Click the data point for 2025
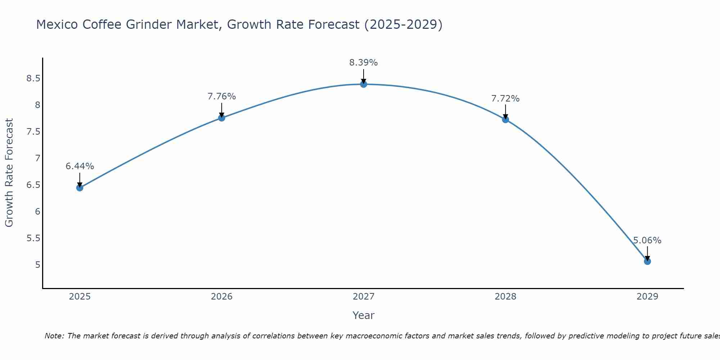80,188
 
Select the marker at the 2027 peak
364,84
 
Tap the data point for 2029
647,261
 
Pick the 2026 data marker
222,118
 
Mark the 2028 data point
505,120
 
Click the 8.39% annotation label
364,63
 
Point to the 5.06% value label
647,240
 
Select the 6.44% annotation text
80,166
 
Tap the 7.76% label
222,96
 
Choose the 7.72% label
505,99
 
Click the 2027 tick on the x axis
364,297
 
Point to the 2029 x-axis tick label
647,297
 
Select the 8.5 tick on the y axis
33,78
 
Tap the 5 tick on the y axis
37,265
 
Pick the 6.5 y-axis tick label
33,185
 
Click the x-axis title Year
364,315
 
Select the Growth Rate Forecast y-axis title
9,173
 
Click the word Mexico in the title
57,24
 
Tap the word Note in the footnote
54,336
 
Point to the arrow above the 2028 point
505,111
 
